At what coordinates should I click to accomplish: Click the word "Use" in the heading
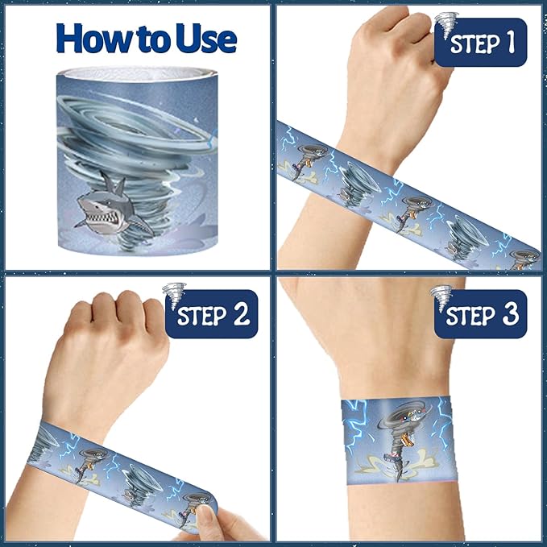pyautogui.click(x=206, y=39)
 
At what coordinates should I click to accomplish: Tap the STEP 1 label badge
pyautogui.click(x=481, y=43)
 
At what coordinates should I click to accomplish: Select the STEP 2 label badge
pyautogui.click(x=212, y=314)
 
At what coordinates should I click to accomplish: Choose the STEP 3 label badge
pyautogui.click(x=481, y=314)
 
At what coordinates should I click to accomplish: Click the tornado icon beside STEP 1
pyautogui.click(x=446, y=23)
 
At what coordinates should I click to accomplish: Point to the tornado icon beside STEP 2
pyautogui.click(x=174, y=296)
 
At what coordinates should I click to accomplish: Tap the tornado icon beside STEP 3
pyautogui.click(x=441, y=298)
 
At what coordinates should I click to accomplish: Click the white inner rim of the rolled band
pyautogui.click(x=137, y=74)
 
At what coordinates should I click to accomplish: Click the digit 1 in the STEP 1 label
pyautogui.click(x=511, y=43)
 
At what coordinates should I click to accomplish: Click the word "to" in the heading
pyautogui.click(x=156, y=41)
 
